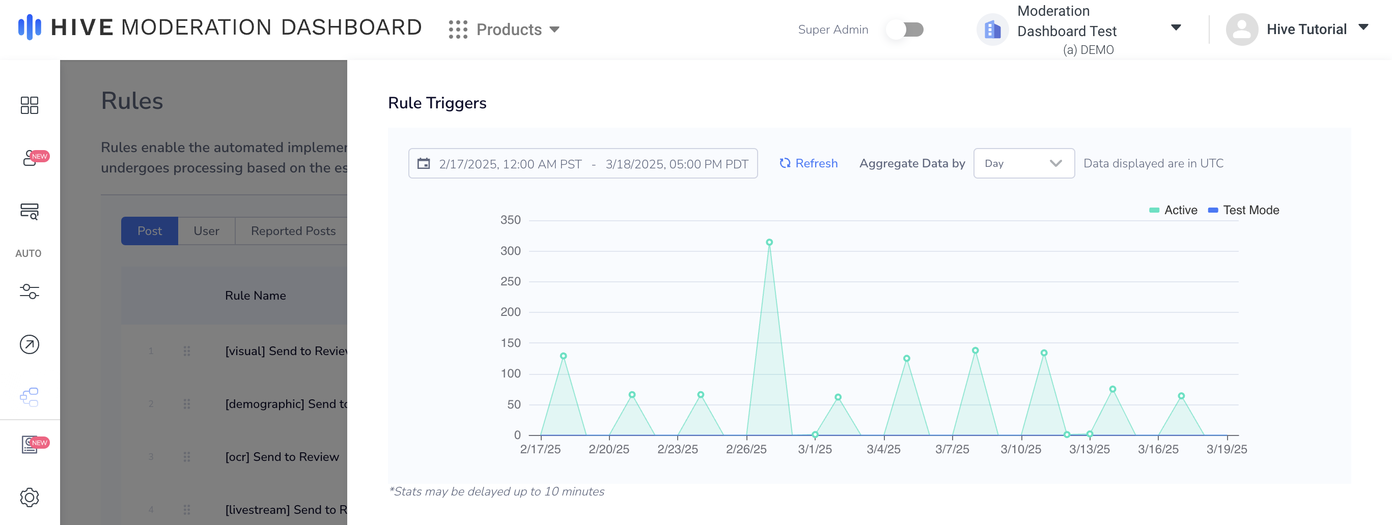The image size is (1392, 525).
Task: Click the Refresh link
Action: pyautogui.click(x=809, y=163)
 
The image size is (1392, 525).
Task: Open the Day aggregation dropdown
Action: pyautogui.click(x=1023, y=163)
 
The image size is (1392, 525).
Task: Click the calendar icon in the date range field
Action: pyautogui.click(x=424, y=163)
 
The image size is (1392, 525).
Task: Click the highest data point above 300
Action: pyautogui.click(x=769, y=243)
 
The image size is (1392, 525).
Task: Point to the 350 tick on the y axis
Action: pyautogui.click(x=510, y=220)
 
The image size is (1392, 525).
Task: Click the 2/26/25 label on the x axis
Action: pyautogui.click(x=746, y=449)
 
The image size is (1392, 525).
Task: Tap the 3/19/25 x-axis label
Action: pyautogui.click(x=1227, y=449)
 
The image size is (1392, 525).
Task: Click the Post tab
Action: pyautogui.click(x=149, y=230)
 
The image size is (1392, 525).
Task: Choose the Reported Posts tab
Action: pyautogui.click(x=293, y=230)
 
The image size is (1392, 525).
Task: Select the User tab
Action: pyautogui.click(x=206, y=230)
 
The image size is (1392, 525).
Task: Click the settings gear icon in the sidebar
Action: pyautogui.click(x=29, y=497)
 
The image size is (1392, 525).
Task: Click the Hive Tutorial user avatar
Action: pyautogui.click(x=1242, y=29)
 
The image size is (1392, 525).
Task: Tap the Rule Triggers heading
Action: pyautogui.click(x=437, y=103)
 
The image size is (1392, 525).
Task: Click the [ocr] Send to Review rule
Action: pyautogui.click(x=282, y=456)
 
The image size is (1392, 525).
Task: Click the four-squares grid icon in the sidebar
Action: pyautogui.click(x=29, y=105)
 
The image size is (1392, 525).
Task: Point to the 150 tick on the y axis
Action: pyautogui.click(x=510, y=343)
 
